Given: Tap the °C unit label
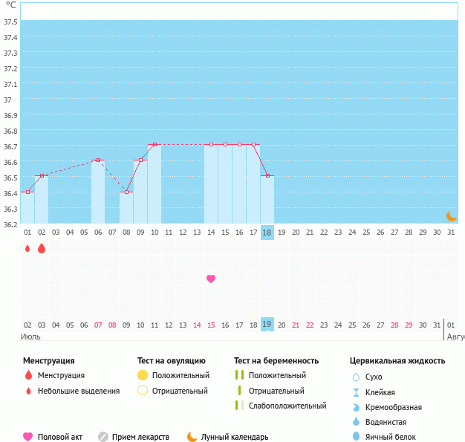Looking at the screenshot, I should (10, 5).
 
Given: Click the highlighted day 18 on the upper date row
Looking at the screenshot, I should (267, 233).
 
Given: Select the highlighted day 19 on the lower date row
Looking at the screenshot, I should (267, 325).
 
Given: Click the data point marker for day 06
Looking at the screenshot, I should (98, 160).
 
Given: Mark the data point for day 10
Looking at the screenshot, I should (155, 144).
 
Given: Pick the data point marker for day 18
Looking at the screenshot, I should (267, 175).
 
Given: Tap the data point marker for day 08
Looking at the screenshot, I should (126, 192).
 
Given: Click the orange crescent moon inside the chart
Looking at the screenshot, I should (451, 215).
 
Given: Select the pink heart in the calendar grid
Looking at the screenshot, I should (211, 279).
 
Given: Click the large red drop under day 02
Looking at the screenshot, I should (42, 248).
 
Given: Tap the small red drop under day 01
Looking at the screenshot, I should (27, 248).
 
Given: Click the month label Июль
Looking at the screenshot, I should (30, 337).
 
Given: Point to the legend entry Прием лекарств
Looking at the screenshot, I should (140, 437).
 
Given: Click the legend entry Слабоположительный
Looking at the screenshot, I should (287, 406).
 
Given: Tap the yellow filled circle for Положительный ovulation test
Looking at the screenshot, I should (143, 375).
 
